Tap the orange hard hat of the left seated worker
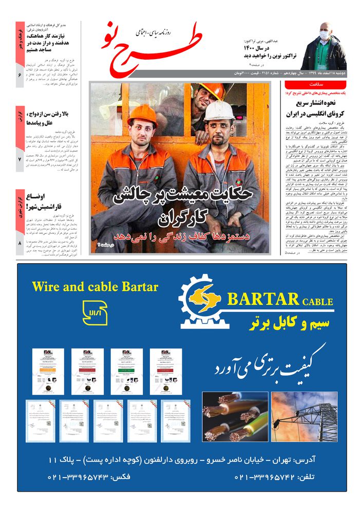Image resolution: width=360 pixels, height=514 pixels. pos(142,115)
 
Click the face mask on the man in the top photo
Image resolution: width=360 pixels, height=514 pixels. pos(324,35)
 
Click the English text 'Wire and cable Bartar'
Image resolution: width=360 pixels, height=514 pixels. pos(95,286)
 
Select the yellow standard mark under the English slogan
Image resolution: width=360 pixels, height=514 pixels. pos(95,313)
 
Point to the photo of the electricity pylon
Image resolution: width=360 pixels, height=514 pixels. pos(305,416)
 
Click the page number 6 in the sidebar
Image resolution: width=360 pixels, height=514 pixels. pos(20,76)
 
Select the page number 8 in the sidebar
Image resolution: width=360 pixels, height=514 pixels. pos(20,243)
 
